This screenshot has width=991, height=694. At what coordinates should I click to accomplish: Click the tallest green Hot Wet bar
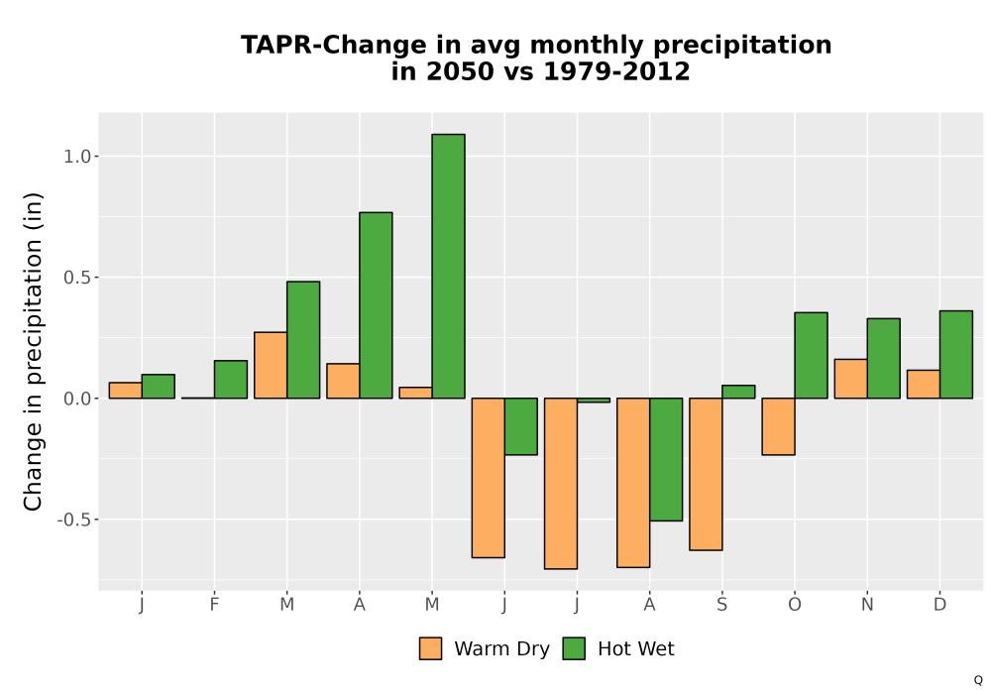tap(448, 266)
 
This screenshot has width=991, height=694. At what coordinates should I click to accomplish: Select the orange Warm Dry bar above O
tap(778, 426)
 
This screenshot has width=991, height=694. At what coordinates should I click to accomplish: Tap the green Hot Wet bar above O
tap(811, 355)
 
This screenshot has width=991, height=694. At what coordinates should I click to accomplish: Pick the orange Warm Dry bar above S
tap(706, 474)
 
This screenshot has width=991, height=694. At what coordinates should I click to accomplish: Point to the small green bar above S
tap(738, 392)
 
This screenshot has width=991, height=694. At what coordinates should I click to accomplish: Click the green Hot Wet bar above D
tap(956, 355)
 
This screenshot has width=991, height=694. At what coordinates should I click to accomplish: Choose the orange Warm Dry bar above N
tap(850, 379)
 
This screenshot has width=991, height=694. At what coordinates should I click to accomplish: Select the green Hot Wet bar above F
tap(231, 380)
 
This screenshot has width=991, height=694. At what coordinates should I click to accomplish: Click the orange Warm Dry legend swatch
tap(430, 648)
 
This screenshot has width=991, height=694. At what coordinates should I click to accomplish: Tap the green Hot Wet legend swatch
tap(574, 648)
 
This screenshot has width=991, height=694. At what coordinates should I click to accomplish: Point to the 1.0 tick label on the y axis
tap(77, 156)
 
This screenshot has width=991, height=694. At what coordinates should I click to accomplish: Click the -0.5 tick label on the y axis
tap(74, 520)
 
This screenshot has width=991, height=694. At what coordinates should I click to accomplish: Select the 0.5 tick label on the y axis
tap(77, 278)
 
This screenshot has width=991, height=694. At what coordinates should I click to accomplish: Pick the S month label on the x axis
tap(721, 605)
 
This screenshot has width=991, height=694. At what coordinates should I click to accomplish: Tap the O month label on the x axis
tap(795, 605)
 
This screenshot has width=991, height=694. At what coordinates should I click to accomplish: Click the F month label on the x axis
tap(214, 605)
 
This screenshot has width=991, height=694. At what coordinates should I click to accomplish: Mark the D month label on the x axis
tap(939, 605)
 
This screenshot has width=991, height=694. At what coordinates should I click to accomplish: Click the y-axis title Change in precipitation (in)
tap(33, 351)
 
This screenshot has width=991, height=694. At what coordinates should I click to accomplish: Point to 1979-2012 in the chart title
tap(616, 70)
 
